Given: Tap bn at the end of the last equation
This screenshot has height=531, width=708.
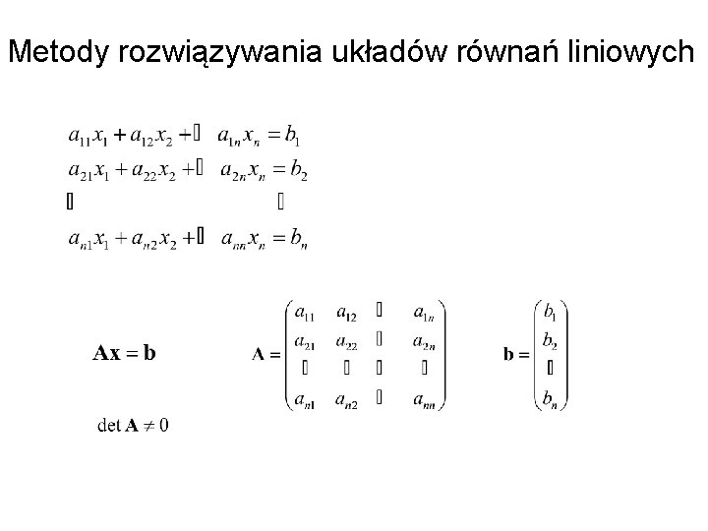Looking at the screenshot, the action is (296, 239).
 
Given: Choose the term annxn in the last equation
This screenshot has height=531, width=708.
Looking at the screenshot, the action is (242, 239).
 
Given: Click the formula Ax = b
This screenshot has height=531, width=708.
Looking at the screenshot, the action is (124, 353).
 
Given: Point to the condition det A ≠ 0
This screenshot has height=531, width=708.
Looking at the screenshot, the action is (134, 425).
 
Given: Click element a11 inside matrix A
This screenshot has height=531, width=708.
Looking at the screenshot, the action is (305, 314).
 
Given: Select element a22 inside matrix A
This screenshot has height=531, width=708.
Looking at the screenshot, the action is (347, 341).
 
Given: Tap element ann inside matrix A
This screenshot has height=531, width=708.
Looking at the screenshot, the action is (425, 399).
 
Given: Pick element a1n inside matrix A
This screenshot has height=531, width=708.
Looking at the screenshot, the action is (425, 314).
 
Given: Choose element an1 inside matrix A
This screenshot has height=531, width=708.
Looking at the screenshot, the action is (305, 399).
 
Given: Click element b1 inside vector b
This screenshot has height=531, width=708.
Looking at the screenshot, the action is (550, 313).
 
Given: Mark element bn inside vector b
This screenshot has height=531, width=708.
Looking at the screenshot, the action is (550, 399).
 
